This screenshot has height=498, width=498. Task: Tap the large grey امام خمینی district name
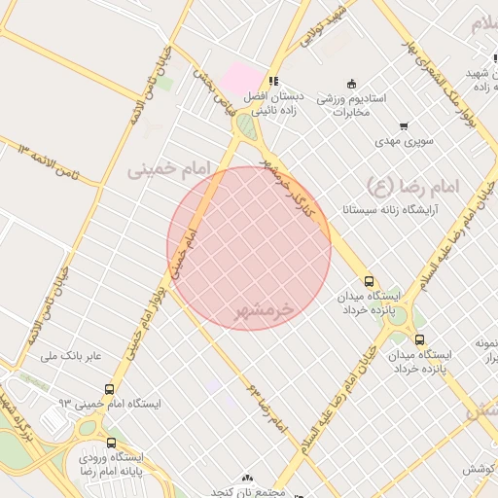[x=168, y=168]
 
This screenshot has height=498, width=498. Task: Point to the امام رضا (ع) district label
[x=418, y=184]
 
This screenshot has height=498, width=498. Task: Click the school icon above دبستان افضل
[x=275, y=82]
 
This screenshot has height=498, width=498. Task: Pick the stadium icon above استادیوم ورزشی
[x=351, y=83]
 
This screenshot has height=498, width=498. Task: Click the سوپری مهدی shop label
[x=405, y=142]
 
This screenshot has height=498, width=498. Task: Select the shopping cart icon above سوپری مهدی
[x=404, y=126]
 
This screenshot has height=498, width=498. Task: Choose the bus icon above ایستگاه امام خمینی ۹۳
[x=108, y=387]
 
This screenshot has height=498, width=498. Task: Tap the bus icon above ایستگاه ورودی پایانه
[x=109, y=443]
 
